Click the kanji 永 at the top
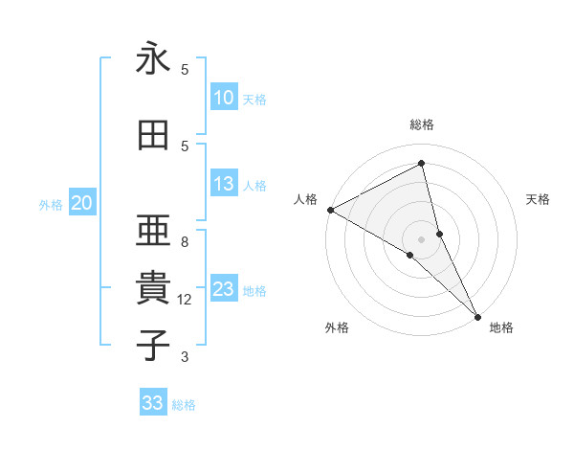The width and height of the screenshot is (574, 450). coord(153,59)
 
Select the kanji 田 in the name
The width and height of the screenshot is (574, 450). coord(153,136)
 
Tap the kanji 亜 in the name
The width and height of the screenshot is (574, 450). coord(153,230)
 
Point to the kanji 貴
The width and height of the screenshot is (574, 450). coord(153,287)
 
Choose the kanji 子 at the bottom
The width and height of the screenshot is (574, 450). coord(153,345)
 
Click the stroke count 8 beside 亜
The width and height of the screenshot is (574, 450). coord(185,242)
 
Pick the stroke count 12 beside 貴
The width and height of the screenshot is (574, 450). coord(185,300)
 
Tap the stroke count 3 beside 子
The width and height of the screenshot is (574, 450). coord(185,357)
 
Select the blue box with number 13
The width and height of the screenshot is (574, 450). coord(223,185)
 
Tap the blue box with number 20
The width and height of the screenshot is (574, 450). coord(82,203)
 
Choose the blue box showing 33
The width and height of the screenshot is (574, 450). coord(153,403)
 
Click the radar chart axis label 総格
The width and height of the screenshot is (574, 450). coord(422,124)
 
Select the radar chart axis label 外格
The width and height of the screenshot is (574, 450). coord(337,327)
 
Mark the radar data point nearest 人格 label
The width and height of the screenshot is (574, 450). coord(330,210)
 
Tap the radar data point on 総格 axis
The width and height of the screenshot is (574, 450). coord(422,164)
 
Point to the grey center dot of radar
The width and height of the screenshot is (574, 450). coord(422,238)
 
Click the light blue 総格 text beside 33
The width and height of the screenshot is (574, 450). coord(184,404)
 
